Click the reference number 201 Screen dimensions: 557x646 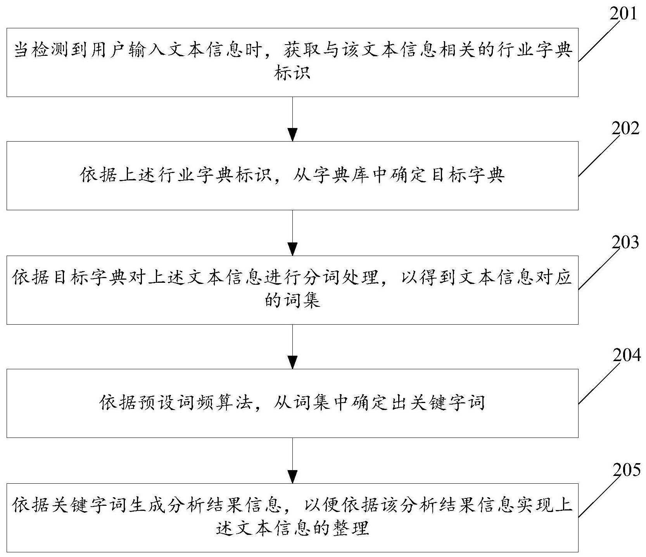(623, 14)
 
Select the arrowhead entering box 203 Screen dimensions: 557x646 (293, 248)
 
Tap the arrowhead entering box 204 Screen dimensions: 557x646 (293, 362)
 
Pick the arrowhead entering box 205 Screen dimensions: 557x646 (293, 476)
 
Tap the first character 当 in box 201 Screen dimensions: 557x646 (22, 51)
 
